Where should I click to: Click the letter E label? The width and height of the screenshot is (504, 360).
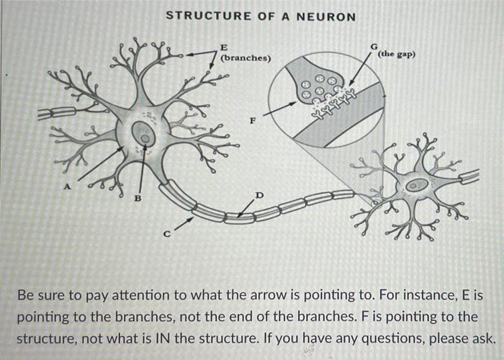pyautogui.click(x=225, y=48)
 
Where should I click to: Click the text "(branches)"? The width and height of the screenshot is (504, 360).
pyautogui.click(x=246, y=58)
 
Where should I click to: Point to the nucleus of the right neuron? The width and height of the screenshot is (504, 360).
pyautogui.click(x=415, y=186)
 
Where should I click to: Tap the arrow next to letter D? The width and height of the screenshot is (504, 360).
pyautogui.click(x=247, y=206)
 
